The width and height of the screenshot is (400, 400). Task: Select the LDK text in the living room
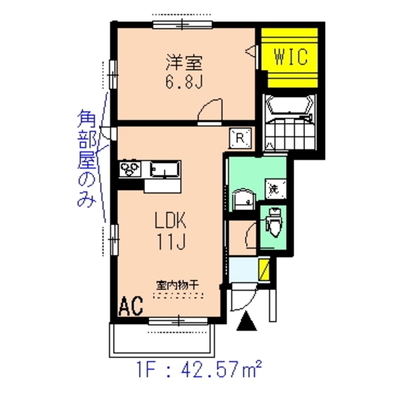[x=171, y=222]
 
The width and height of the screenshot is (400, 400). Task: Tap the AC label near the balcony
[x=131, y=307]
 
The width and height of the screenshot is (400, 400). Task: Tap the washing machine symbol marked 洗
[x=273, y=189]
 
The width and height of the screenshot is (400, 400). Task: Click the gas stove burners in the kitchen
[x=131, y=170]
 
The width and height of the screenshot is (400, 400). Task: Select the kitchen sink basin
[x=165, y=170]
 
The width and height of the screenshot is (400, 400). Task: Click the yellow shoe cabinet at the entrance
[x=264, y=271]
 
